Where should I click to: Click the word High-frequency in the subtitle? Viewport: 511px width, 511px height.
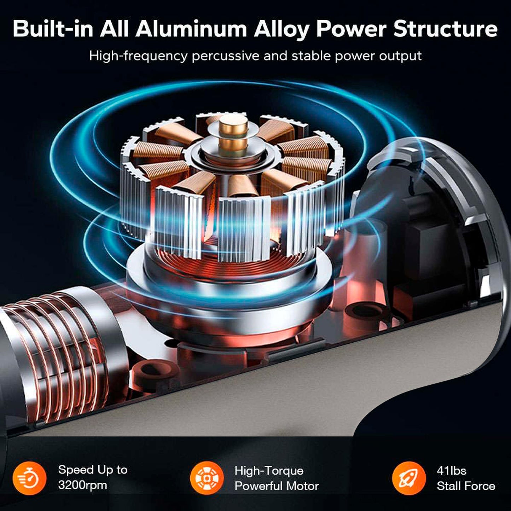point(138,56)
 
